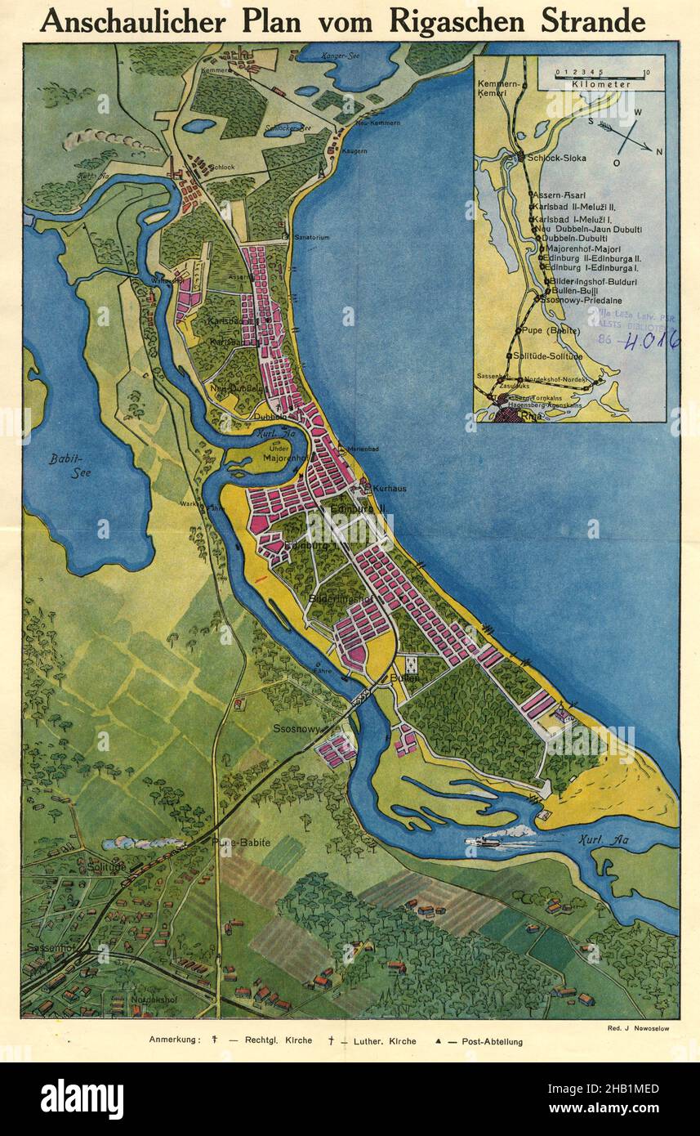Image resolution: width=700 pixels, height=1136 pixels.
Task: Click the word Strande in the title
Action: tap(586, 21)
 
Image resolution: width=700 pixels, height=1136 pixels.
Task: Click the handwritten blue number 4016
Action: tap(649, 341)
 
